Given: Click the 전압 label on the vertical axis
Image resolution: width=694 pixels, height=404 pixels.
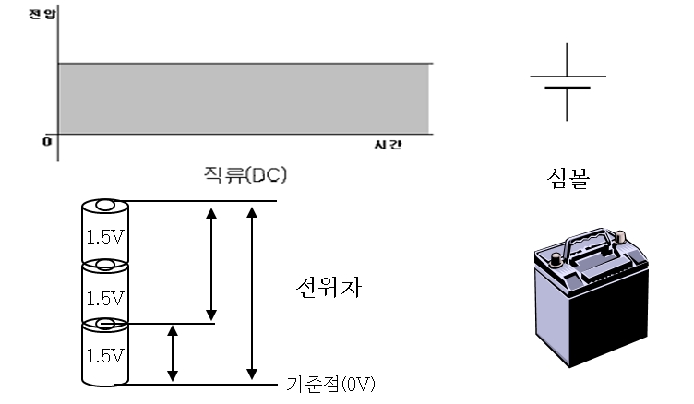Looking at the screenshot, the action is pyautogui.click(x=36, y=15).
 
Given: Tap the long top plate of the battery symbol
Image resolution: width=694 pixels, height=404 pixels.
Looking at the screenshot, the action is pyautogui.click(x=568, y=76).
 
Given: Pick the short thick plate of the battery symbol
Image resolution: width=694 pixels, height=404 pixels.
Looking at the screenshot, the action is pyautogui.click(x=568, y=89).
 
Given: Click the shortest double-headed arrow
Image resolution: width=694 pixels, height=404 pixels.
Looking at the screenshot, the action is pyautogui.click(x=172, y=352).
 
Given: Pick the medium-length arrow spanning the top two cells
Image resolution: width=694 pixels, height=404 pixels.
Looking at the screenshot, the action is pyautogui.click(x=212, y=262).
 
